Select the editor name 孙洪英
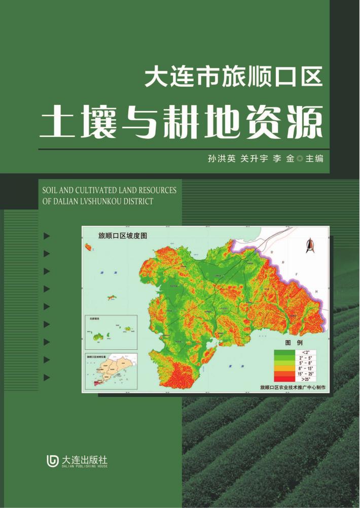tap(222, 159)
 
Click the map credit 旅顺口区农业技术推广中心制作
tap(292, 388)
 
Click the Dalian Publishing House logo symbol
tap(53, 461)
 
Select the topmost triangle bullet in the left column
tap(47, 236)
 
